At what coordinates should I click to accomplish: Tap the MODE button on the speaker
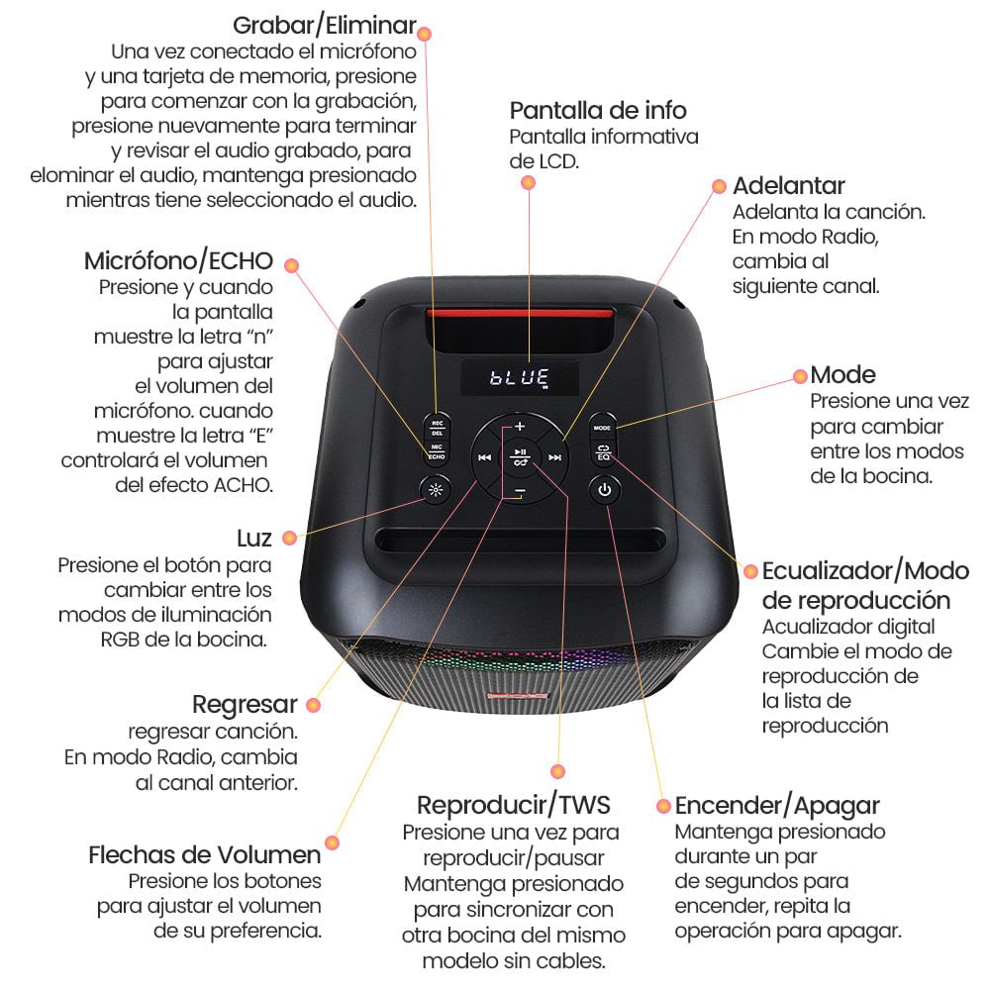coord(603,427)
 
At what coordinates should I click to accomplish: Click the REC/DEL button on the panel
coord(436,427)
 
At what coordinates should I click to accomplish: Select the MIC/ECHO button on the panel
coord(436,453)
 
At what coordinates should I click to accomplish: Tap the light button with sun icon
coord(436,489)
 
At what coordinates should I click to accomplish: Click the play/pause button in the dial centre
coord(520,456)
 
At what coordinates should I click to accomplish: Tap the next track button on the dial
coord(555,457)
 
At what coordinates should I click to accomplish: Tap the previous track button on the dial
coord(484,457)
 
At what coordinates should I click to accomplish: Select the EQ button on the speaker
coord(603,453)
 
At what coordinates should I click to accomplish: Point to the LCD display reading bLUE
coord(520,376)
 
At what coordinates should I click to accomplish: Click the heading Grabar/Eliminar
coord(324,25)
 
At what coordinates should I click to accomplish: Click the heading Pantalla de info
coord(598,109)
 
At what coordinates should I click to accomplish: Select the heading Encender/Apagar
coord(777,805)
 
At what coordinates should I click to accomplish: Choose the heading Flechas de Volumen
coord(205,854)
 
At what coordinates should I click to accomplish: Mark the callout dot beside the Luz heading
coord(289,538)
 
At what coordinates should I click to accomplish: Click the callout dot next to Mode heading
coord(800,376)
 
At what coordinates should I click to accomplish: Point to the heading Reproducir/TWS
coord(514,804)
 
